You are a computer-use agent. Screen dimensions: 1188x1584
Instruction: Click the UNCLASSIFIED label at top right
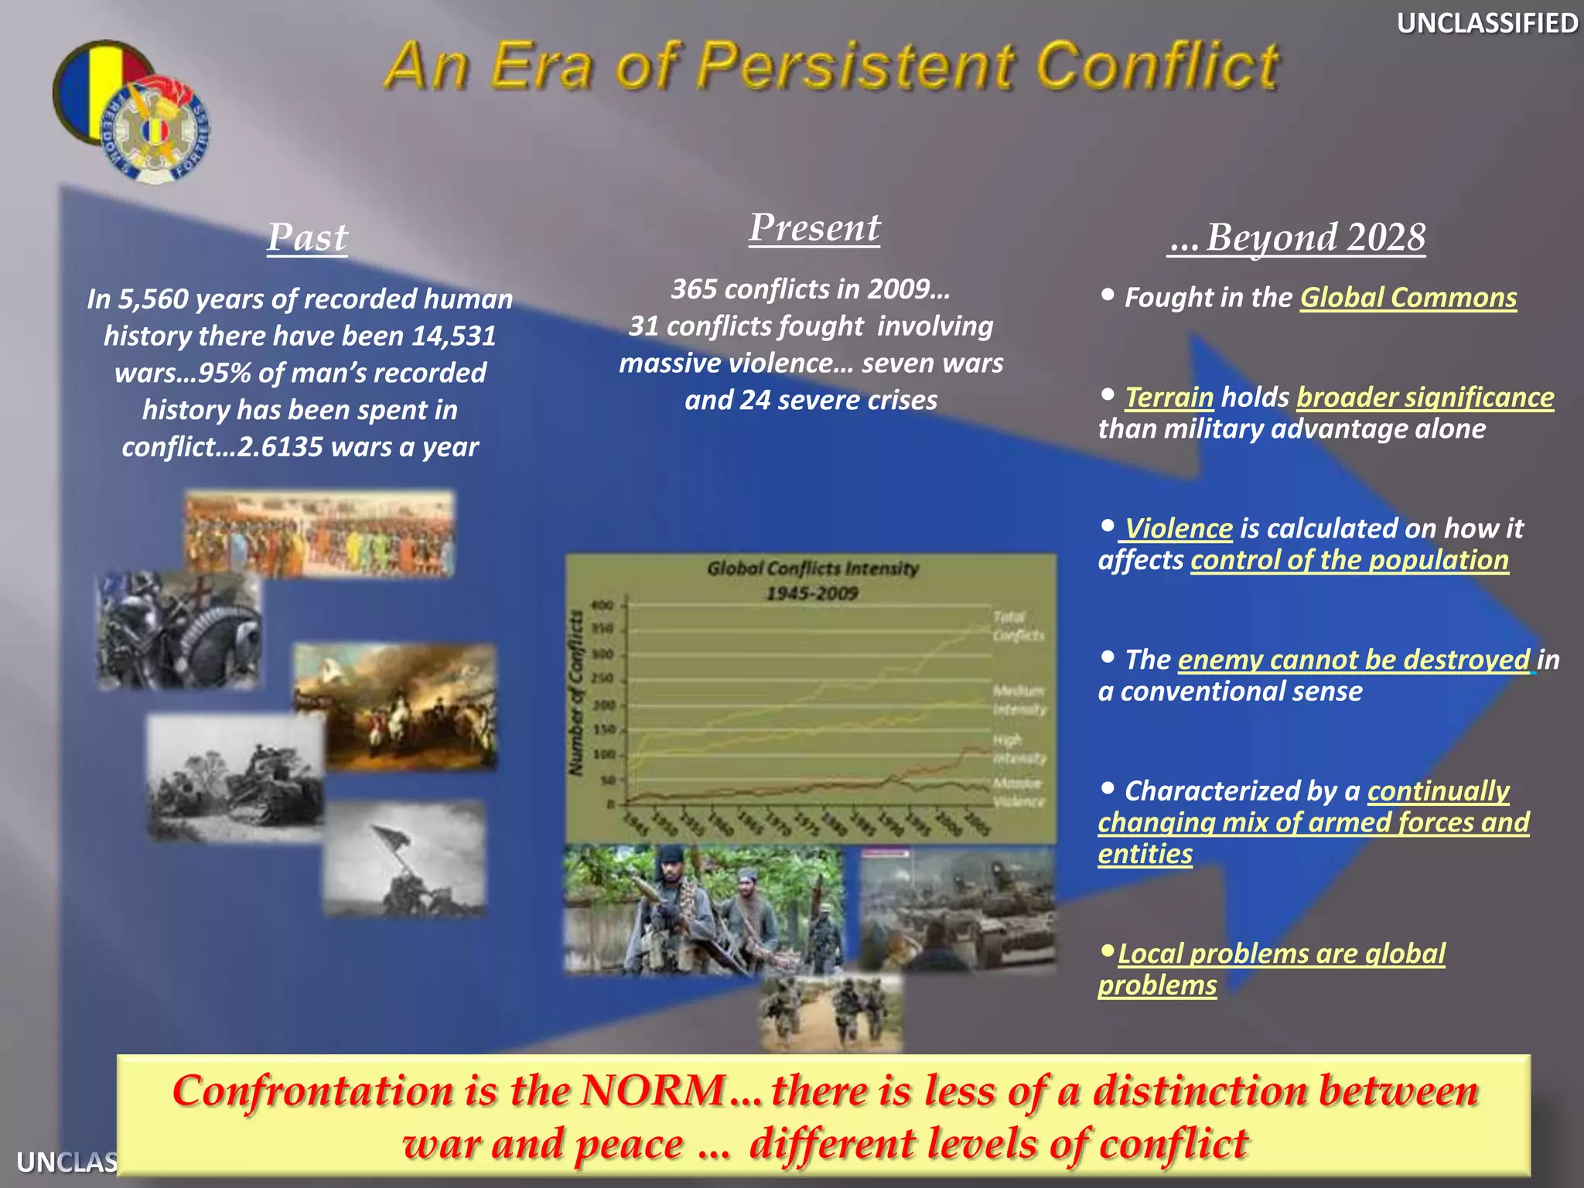point(1486,23)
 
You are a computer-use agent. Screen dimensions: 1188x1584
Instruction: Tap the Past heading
point(307,237)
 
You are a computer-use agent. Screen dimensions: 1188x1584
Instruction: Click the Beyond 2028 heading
point(1297,237)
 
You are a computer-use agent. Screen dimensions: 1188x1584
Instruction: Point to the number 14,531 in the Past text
point(453,336)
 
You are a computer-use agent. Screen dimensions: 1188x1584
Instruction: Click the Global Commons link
point(1408,298)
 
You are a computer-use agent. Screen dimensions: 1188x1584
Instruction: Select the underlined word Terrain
point(1169,398)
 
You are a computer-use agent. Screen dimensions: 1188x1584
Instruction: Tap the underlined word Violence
point(1178,528)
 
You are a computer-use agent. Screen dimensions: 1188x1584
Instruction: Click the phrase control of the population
point(1349,560)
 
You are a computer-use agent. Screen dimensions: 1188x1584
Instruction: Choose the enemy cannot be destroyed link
point(1354,660)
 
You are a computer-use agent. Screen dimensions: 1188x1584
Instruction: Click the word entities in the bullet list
point(1145,854)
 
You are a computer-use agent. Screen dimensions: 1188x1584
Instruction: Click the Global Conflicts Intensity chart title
point(812,569)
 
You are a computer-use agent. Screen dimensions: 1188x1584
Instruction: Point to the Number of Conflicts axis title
point(575,693)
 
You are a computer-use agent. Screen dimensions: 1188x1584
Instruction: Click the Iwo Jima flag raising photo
point(404,859)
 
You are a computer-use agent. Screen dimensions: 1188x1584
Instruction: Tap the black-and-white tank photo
point(235,778)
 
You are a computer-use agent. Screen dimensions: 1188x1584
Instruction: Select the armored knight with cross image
point(179,630)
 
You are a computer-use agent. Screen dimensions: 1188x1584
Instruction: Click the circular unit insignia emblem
point(155,130)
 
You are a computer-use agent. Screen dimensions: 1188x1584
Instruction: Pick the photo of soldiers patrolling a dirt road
point(830,1012)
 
